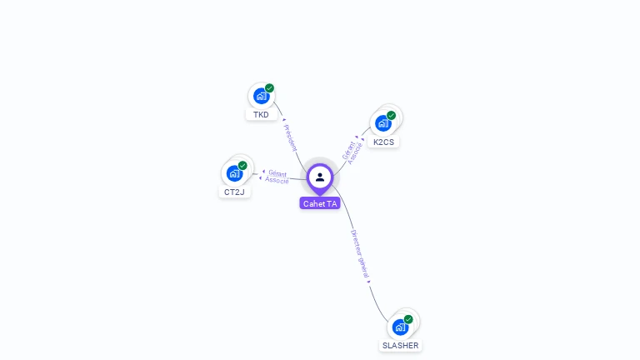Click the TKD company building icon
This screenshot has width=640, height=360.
pos(261,96)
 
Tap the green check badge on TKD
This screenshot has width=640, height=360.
pos(269,88)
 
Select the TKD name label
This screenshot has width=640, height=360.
pos(262,115)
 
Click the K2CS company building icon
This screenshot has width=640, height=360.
pos(382,123)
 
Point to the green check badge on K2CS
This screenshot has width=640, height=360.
pos(391,116)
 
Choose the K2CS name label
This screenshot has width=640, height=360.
pos(383,142)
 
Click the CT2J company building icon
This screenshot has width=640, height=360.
pos(234,173)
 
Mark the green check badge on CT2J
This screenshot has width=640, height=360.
pos(242,166)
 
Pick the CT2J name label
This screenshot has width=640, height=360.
pos(234,192)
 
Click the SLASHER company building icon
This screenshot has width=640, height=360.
pos(400,327)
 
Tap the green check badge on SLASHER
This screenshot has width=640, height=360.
pos(408,319)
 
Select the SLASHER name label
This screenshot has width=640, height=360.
pos(401,345)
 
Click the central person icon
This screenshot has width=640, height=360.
pos(320,177)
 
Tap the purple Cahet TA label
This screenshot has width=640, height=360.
pos(320,203)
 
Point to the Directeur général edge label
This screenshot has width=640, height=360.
pos(360,254)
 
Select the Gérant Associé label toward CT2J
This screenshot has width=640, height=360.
pos(277,177)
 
